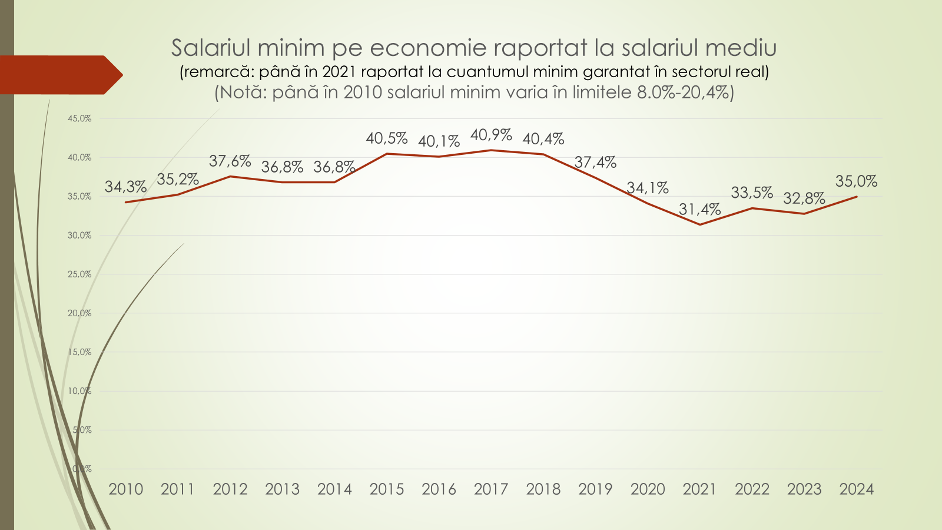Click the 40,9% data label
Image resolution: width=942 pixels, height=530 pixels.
491,135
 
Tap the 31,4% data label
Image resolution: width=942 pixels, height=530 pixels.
699,209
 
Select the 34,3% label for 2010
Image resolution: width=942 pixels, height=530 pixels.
125,187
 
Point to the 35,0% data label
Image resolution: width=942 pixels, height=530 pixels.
856,181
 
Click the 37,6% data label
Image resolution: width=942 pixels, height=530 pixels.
230,161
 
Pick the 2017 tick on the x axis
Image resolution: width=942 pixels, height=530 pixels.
491,489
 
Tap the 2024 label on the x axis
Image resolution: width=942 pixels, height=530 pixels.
856,489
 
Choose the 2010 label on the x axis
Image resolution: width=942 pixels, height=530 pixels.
125,489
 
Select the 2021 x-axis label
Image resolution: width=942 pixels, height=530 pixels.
699,489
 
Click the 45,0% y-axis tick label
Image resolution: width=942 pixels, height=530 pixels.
79,118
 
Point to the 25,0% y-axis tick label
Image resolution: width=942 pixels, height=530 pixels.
79,274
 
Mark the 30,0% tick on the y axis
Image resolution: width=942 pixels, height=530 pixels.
79,236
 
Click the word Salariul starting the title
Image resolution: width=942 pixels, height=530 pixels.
210,48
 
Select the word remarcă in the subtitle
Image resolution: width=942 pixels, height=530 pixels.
218,72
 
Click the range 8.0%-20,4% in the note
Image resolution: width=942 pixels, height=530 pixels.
684,92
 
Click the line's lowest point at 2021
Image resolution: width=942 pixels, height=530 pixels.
699,224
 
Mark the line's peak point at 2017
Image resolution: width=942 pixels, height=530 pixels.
491,150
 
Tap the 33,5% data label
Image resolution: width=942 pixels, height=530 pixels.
752,193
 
